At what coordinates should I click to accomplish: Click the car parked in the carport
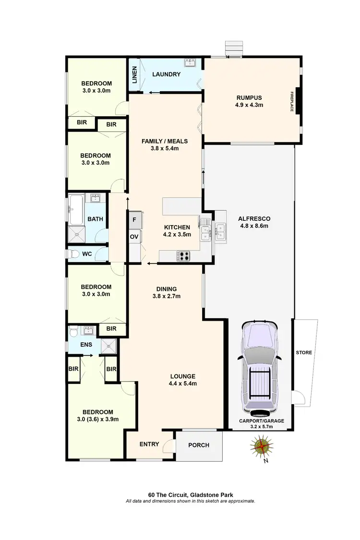261,368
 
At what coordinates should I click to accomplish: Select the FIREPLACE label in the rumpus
291,101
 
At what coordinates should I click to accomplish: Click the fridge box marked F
134,220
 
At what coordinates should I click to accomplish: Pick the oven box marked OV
134,237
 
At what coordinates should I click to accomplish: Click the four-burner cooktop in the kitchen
184,256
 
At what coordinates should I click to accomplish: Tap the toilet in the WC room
72,254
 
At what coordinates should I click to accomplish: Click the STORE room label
304,352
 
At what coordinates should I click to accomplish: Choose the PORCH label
198,445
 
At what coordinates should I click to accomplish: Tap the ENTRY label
149,444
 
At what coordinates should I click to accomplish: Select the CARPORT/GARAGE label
262,421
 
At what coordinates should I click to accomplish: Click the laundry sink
192,62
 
